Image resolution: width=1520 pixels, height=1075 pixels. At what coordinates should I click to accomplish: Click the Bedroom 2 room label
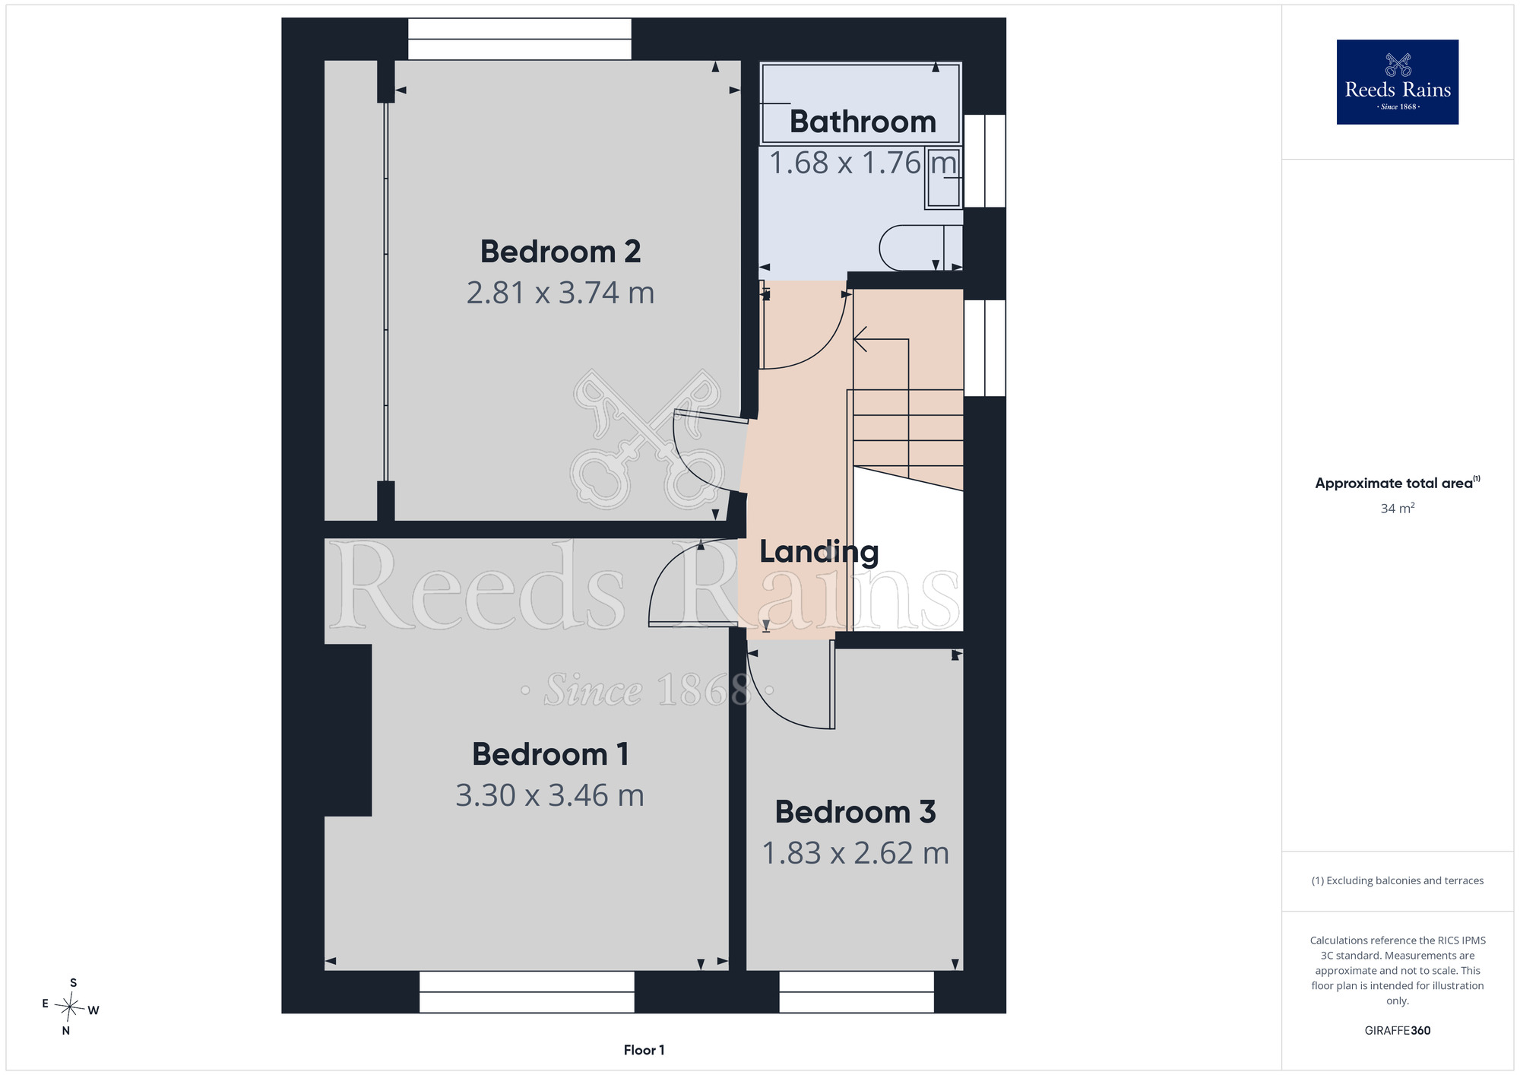[560, 252]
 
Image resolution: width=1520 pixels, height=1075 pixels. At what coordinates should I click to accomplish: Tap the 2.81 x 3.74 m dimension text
[560, 293]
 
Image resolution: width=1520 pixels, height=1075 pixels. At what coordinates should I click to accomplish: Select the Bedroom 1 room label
[550, 754]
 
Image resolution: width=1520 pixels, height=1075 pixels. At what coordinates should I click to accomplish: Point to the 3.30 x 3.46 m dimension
[550, 795]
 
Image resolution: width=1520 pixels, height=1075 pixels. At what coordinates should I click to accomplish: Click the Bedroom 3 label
[855, 812]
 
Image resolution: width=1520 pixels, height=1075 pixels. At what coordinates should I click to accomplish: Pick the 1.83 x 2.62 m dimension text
[855, 853]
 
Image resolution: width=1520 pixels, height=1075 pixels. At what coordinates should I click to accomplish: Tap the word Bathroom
[863, 122]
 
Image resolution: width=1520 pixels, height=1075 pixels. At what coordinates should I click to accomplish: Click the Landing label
[819, 552]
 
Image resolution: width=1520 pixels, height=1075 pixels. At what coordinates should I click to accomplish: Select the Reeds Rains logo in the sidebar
[1398, 82]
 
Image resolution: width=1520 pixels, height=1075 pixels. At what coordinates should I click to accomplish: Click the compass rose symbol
[70, 1007]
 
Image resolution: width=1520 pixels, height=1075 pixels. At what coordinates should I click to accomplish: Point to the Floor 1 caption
[644, 1050]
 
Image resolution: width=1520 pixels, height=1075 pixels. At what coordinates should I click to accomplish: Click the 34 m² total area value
[1398, 508]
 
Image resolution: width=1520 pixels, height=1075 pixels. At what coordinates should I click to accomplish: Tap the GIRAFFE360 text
[1398, 1031]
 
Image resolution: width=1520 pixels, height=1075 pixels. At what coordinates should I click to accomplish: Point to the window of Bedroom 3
[857, 992]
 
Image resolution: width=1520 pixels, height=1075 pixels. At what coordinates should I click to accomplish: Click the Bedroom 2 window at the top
[520, 39]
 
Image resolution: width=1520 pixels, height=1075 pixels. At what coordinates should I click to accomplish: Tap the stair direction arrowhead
[860, 339]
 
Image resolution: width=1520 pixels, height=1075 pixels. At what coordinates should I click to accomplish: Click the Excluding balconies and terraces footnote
[1398, 880]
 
